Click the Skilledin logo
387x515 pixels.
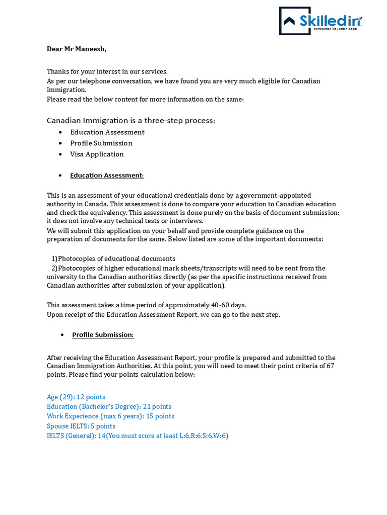(x=320, y=21)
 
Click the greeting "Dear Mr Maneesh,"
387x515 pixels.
(x=77, y=49)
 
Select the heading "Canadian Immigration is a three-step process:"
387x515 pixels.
(x=131, y=120)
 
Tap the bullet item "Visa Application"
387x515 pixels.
(x=97, y=154)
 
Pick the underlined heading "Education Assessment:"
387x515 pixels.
(x=107, y=176)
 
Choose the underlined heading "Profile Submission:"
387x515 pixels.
(x=103, y=335)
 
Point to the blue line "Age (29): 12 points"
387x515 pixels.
(x=76, y=397)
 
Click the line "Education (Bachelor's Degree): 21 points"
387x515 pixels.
(x=109, y=407)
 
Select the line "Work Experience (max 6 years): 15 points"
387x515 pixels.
(x=110, y=416)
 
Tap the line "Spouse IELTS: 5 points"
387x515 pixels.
(x=81, y=426)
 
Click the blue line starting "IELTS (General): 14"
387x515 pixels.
(x=137, y=436)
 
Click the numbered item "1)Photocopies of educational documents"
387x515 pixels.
(x=113, y=259)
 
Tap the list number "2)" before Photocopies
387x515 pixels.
(x=54, y=268)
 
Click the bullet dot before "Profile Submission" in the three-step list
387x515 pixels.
(x=61, y=143)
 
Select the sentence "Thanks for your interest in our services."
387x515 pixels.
(x=107, y=71)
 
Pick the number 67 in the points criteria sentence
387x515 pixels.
(x=331, y=366)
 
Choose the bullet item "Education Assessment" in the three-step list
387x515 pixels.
(x=107, y=132)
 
